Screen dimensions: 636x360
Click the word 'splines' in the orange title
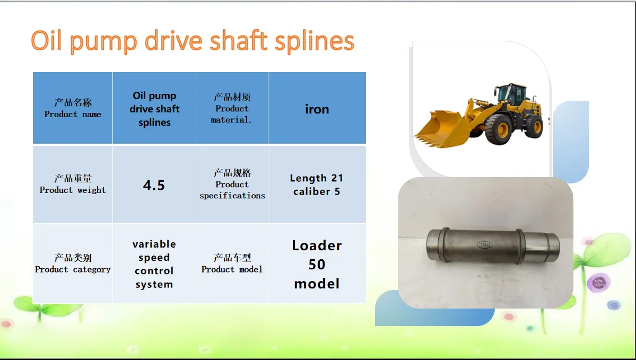[315, 41]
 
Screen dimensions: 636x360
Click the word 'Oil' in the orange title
[46, 40]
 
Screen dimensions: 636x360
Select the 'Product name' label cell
[73, 108]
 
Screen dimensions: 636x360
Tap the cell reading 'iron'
[317, 108]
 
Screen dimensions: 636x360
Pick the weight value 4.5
[154, 185]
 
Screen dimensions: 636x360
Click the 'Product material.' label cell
[232, 108]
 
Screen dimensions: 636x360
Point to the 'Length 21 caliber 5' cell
[317, 185]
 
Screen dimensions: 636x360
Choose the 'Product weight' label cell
[73, 185]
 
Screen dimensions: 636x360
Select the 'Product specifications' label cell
[232, 185]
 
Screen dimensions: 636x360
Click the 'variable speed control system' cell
[154, 264]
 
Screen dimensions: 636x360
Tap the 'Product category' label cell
[73, 264]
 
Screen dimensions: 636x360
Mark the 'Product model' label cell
[232, 264]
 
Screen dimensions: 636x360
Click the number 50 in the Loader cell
[317, 265]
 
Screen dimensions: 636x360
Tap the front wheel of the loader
[499, 129]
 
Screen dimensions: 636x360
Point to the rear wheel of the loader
[534, 126]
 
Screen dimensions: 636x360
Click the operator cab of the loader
[512, 94]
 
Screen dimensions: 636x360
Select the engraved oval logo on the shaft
[484, 244]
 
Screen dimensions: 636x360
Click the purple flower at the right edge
[599, 283]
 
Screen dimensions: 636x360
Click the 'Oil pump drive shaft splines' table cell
[154, 108]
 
